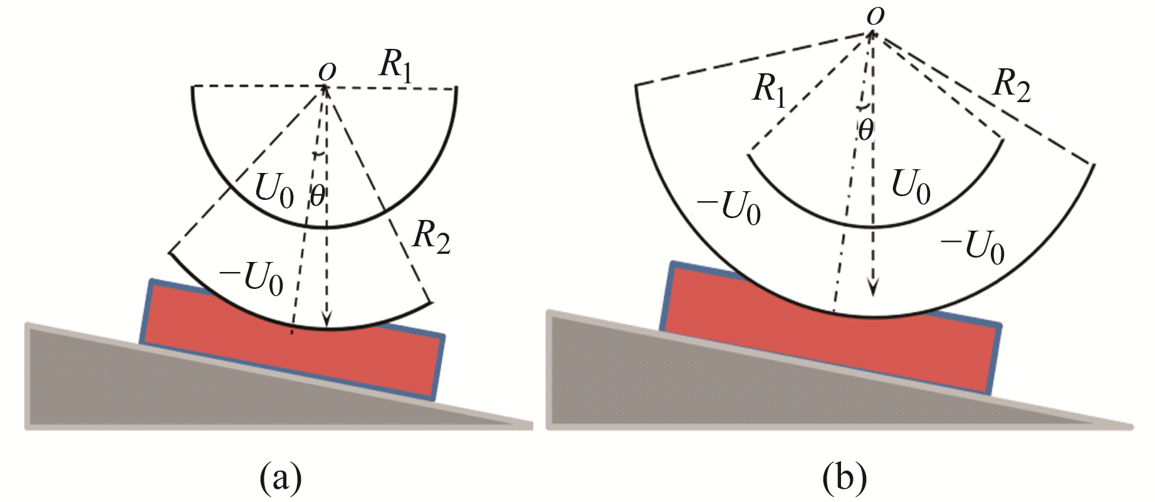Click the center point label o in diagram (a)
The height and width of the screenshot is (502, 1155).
pyautogui.click(x=327, y=71)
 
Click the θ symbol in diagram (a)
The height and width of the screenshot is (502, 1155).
pyautogui.click(x=318, y=196)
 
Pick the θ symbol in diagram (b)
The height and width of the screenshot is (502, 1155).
pyautogui.click(x=865, y=130)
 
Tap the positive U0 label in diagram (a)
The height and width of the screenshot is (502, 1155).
pyautogui.click(x=273, y=189)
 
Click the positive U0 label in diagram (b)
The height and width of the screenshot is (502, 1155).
pyautogui.click(x=911, y=186)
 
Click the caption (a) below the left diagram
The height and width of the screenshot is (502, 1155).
pyautogui.click(x=281, y=478)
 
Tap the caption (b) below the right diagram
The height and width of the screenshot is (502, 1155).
pyautogui.click(x=845, y=478)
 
